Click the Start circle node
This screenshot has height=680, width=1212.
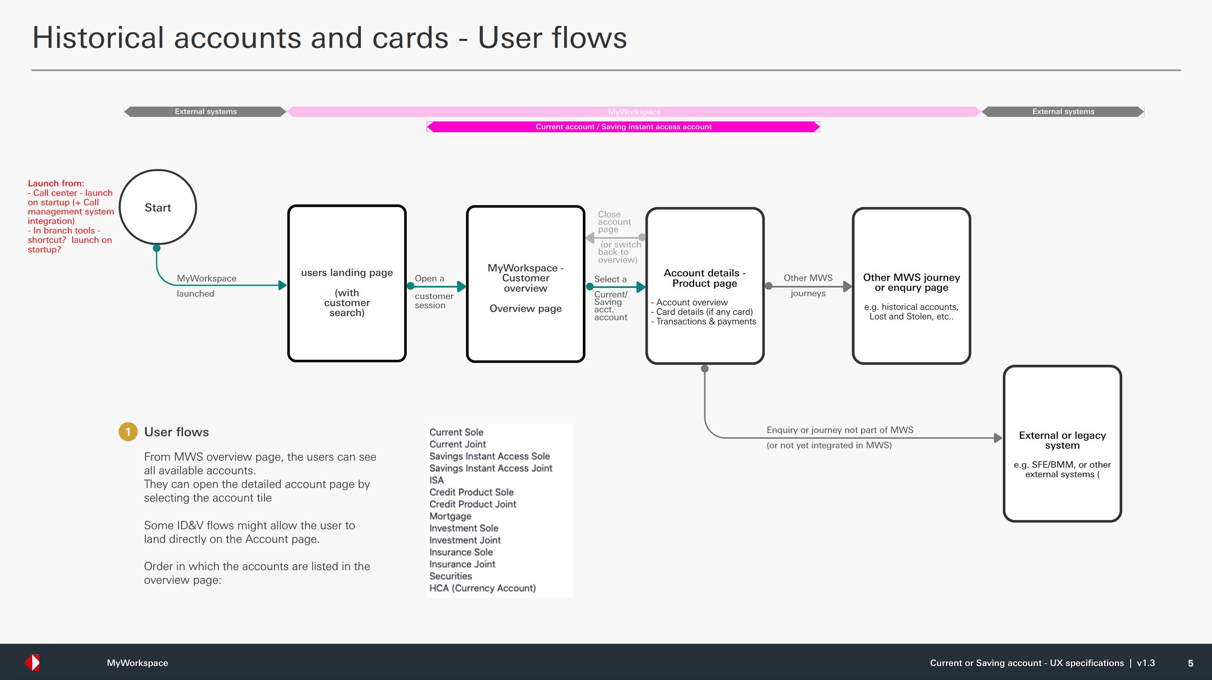point(157,207)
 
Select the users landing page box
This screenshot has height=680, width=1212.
point(347,283)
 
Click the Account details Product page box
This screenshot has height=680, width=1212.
point(704,286)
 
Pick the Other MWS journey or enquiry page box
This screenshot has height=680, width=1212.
point(911,286)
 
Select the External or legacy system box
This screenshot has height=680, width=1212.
point(1062,443)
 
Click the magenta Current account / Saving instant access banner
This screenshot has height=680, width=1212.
point(623,126)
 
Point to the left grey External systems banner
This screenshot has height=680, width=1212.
point(205,112)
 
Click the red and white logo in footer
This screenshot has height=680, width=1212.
point(32,662)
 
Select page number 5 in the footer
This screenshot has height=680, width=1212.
point(1191,663)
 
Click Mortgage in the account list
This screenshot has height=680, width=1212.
point(450,516)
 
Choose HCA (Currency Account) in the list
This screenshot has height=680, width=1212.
point(482,588)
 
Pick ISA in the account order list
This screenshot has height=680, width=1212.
point(436,480)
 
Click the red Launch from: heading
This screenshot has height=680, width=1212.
point(56,183)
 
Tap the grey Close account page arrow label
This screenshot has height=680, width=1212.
point(613,221)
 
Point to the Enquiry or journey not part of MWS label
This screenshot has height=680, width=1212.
point(840,430)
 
